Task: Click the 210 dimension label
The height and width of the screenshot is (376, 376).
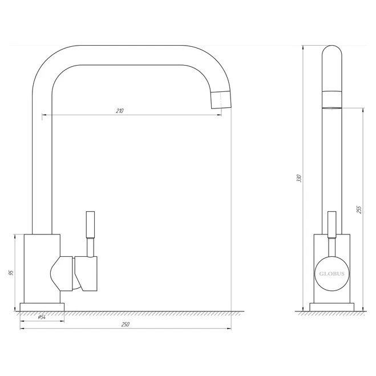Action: coord(120,111)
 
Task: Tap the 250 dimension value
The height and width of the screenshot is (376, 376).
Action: coord(126,325)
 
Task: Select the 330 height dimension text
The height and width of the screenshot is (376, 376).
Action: coord(299,178)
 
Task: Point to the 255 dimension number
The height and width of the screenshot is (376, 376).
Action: coord(359,210)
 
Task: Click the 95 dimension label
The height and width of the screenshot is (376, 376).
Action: coord(11,273)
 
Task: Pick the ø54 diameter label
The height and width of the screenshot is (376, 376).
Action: coord(42,317)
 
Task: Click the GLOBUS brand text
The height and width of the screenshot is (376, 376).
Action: coord(331,274)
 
